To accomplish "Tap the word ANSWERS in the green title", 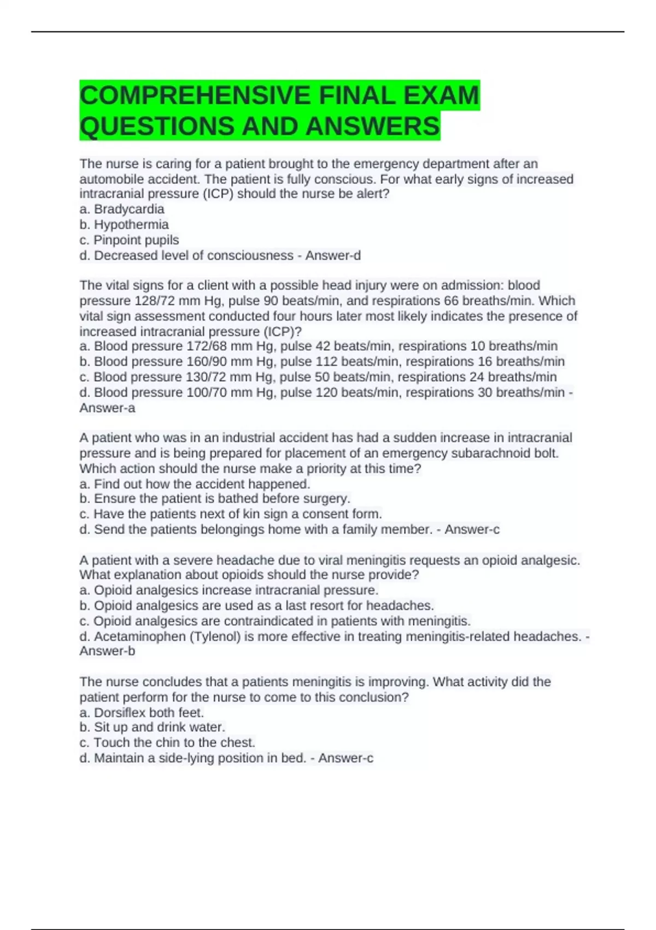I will click(x=372, y=126).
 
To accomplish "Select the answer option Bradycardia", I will click(x=129, y=209).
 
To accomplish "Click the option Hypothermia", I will click(x=131, y=224).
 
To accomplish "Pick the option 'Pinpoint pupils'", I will click(x=136, y=240).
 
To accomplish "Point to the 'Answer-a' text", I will click(x=107, y=408).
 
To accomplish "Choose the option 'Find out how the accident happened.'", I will click(x=202, y=484).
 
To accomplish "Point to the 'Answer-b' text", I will click(x=107, y=651).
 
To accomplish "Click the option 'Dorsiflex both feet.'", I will click(x=149, y=712).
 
